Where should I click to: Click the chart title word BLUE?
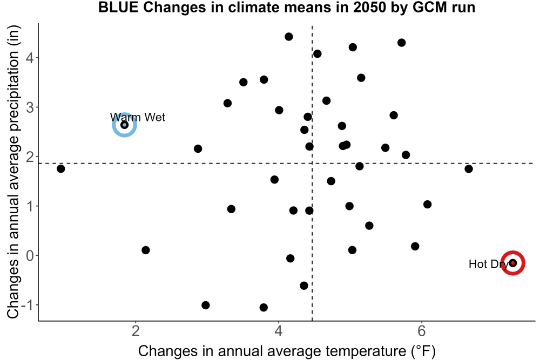click(x=118, y=7)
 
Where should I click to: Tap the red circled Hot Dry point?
click(x=513, y=263)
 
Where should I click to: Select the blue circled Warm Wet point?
click(x=125, y=125)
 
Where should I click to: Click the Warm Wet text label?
click(x=138, y=117)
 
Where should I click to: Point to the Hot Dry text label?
click(x=489, y=264)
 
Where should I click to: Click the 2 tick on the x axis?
click(x=136, y=331)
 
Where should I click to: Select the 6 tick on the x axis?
click(x=422, y=331)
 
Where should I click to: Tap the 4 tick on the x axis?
click(x=279, y=331)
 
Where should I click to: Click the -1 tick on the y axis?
click(x=28, y=305)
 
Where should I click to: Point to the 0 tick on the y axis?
click(x=30, y=255)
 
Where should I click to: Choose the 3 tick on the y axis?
click(x=30, y=107)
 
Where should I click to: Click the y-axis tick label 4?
click(x=30, y=57)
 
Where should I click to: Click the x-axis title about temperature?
click(x=287, y=351)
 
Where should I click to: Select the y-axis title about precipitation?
click(x=13, y=172)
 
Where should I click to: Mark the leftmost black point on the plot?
click(x=60, y=168)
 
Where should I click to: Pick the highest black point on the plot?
click(x=288, y=37)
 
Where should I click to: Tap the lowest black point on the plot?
click(x=264, y=307)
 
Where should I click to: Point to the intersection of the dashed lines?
click(x=312, y=163)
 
